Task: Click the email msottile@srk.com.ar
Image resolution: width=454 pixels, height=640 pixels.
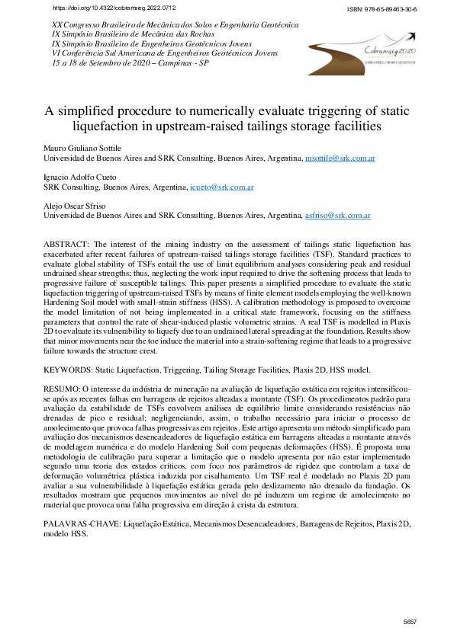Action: [339, 158]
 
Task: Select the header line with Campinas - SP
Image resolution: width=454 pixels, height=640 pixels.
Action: [125, 63]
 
